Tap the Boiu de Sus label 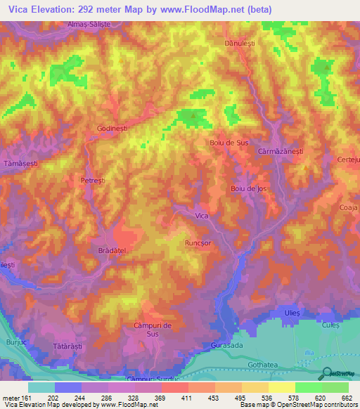[x=229, y=143]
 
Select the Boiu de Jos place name [x=249, y=189]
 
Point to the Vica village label [x=202, y=216]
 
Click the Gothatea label [x=264, y=366]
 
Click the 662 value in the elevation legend [x=347, y=398]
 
